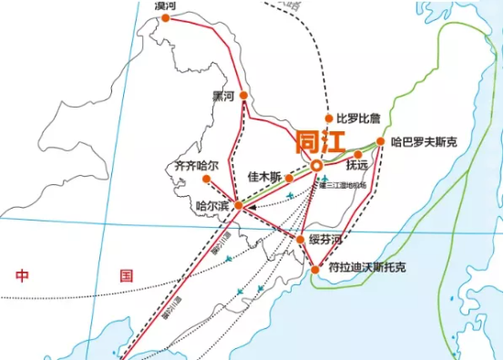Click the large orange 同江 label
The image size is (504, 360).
tap(320, 141)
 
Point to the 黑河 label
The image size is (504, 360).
tap(223, 95)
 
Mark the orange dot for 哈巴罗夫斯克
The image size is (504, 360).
tap(381, 141)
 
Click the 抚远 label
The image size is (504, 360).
tap(357, 166)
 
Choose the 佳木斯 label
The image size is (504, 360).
tap(263, 176)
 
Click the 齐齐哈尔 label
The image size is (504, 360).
tap(197, 167)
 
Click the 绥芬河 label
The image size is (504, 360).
tap(327, 240)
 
